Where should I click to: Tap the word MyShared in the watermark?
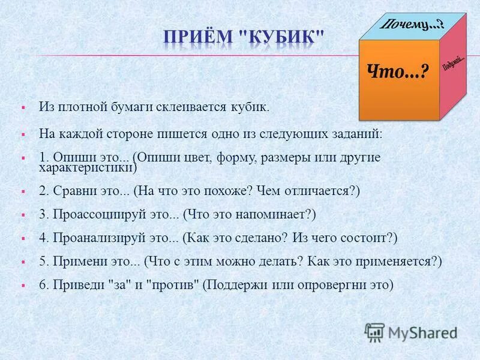pos(422,332)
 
